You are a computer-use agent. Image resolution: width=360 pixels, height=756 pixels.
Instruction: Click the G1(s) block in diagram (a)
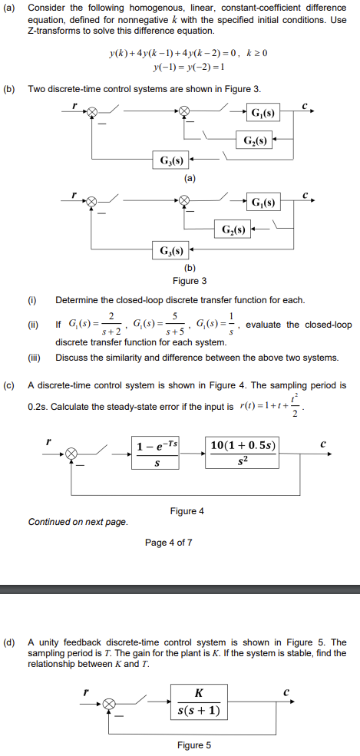coord(263,114)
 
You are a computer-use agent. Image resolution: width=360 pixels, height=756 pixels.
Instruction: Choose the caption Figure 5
coord(190,745)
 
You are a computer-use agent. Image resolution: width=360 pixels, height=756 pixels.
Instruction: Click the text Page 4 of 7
coord(168,543)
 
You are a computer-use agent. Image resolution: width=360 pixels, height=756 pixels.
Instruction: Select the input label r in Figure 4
coord(48,441)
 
